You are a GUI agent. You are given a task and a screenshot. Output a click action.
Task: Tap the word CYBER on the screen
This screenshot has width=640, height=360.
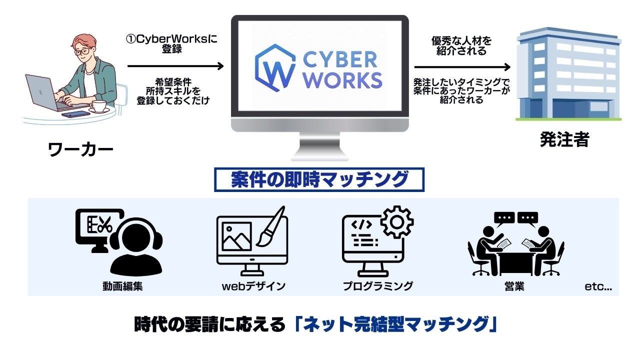click(x=340, y=60)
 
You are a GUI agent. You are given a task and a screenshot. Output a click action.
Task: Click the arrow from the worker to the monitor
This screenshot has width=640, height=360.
click(x=175, y=65)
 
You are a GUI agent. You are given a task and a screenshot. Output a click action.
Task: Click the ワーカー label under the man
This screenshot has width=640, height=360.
click(x=80, y=149)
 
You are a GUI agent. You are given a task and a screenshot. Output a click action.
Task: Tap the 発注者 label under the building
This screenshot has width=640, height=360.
click(x=564, y=139)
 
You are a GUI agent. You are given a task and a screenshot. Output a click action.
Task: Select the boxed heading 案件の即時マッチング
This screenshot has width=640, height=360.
click(x=319, y=179)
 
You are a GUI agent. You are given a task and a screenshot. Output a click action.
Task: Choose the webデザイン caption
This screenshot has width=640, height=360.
click(x=253, y=286)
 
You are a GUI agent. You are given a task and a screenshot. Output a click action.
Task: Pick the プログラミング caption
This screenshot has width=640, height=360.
click(x=377, y=286)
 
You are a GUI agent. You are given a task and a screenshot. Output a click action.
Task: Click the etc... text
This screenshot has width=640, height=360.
click(x=598, y=287)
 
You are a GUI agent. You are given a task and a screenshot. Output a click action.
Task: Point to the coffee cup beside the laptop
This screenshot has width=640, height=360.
click(x=98, y=106)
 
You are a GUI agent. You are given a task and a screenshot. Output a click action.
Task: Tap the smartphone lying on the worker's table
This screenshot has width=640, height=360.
click(x=75, y=114)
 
